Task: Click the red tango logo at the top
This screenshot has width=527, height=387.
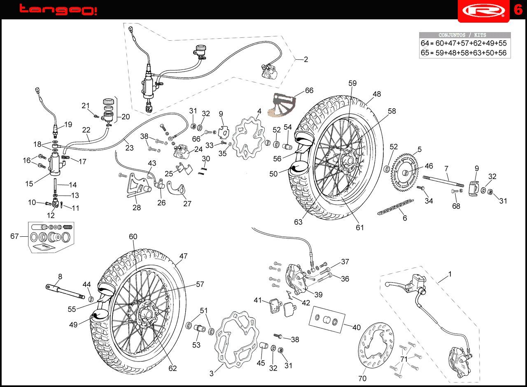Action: tap(58, 10)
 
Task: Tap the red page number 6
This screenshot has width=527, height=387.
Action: tap(518, 10)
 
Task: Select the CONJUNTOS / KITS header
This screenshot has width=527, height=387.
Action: tap(462, 35)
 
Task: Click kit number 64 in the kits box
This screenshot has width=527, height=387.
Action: tap(424, 43)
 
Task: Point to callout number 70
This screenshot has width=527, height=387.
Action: tap(363, 378)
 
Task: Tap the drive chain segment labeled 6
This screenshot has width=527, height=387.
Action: tap(396, 207)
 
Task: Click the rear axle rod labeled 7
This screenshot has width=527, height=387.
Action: tap(443, 181)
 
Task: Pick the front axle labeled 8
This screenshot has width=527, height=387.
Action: tap(65, 292)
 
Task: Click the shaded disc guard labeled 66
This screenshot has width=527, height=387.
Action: tap(282, 105)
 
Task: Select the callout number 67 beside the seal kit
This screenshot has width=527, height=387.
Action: tap(14, 236)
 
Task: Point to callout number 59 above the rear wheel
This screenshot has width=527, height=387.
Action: tap(352, 83)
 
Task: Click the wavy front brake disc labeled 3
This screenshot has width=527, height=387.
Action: tap(237, 340)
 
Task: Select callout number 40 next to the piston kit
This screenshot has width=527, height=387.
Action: tap(357, 327)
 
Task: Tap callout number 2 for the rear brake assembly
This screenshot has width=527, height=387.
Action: tap(306, 59)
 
